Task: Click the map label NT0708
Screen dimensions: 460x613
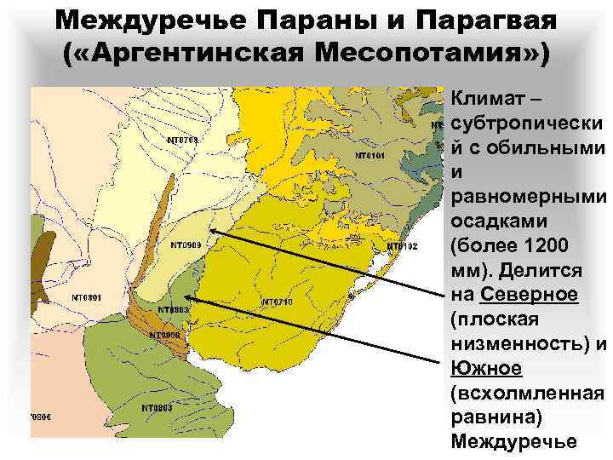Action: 182,141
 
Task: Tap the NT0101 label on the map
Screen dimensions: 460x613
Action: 370,156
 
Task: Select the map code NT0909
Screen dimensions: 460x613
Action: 185,245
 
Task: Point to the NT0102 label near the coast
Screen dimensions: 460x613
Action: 403,246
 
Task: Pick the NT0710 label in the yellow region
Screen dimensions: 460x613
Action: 277,302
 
